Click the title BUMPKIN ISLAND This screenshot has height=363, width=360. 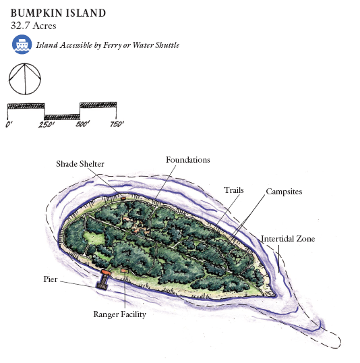[58, 13]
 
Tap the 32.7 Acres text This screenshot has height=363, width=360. [33, 26]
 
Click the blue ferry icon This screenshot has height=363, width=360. [22, 45]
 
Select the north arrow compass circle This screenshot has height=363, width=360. [25, 79]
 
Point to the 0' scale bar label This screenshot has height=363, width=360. [9, 125]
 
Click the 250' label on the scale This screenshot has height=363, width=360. [47, 125]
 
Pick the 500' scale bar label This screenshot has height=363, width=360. [82, 124]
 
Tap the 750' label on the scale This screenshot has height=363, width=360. [117, 124]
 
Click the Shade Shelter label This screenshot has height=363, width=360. [80, 164]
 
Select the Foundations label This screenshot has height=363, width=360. [188, 160]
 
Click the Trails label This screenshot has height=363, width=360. [234, 190]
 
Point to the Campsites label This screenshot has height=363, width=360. [284, 192]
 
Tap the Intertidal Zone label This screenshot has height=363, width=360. [288, 239]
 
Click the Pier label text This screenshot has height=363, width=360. [51, 279]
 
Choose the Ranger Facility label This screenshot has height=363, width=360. [119, 314]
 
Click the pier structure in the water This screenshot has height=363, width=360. [103, 280]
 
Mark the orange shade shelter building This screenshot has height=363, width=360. [123, 198]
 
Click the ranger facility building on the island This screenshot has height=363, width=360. [125, 270]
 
